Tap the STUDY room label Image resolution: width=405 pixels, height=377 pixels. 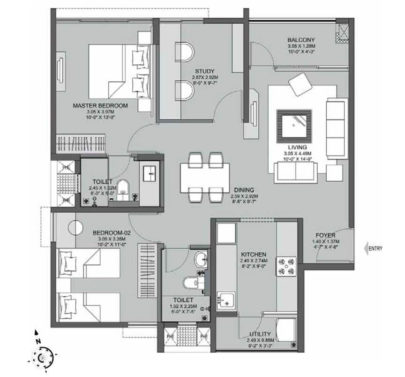205,71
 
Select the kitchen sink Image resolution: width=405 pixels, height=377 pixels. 227,300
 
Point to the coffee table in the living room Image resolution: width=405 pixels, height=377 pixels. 294,125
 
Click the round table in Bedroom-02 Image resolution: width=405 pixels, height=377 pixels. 75,228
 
